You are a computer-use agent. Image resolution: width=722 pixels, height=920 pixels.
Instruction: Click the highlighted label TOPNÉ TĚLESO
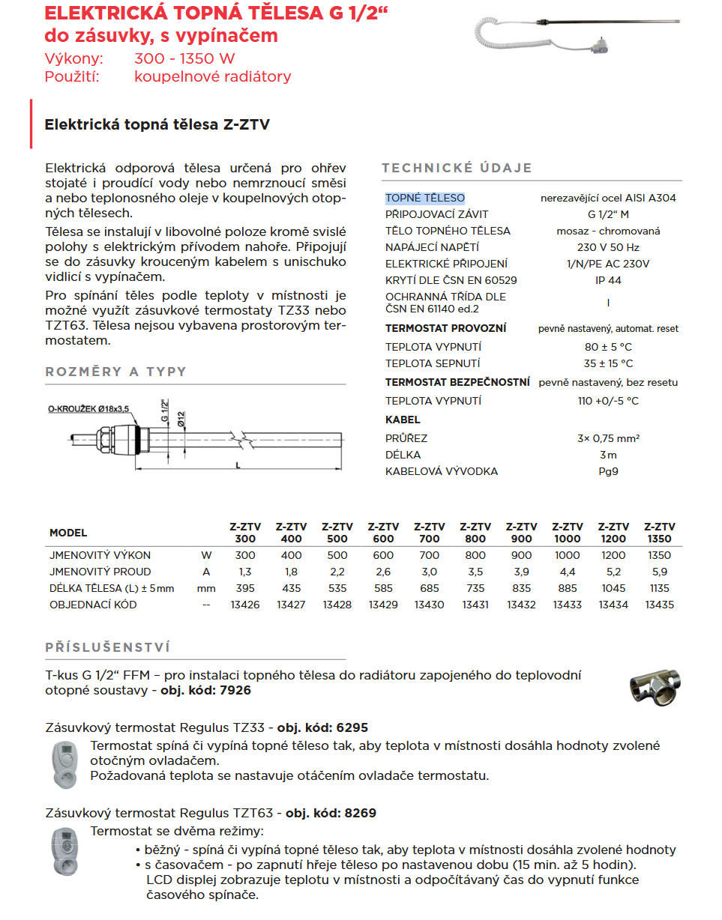[x=425, y=198]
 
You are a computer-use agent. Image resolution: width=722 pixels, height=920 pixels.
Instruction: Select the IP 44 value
[x=608, y=280]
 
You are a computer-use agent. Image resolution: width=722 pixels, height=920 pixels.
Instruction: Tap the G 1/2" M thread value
[x=608, y=214]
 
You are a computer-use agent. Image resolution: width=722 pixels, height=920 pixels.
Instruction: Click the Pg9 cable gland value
[x=608, y=471]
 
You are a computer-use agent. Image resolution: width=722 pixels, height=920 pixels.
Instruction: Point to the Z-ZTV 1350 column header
[x=659, y=533]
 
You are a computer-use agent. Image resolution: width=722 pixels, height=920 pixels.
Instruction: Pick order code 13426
[x=245, y=605]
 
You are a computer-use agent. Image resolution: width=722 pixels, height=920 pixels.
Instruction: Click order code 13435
[x=659, y=605]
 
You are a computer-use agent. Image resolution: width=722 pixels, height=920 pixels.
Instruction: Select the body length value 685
[x=430, y=588]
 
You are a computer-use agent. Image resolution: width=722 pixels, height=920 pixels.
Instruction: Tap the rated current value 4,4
[x=568, y=572]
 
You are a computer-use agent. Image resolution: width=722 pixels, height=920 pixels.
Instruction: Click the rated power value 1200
[x=613, y=555]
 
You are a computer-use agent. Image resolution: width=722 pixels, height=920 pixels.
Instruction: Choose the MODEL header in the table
[x=68, y=533]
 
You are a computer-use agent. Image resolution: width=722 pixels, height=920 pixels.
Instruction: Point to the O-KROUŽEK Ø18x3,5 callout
[x=88, y=408]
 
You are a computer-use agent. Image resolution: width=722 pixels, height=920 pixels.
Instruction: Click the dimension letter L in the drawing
[x=238, y=464]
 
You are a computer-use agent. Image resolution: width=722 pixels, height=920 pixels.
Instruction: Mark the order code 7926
[x=236, y=690]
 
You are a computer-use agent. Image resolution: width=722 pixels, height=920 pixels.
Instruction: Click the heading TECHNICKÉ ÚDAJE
[x=457, y=168]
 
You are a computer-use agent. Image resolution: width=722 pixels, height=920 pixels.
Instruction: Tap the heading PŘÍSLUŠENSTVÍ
[x=108, y=647]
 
